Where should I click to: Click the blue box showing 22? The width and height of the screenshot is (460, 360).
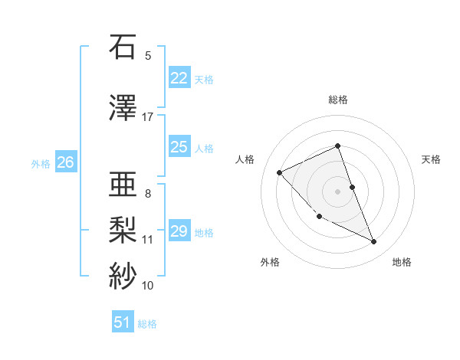pos(179,78)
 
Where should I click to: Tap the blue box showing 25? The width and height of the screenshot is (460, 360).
pos(179,147)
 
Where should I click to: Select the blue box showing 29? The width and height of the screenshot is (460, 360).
pos(179,231)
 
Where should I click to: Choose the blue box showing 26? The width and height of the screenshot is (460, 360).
pos(66,162)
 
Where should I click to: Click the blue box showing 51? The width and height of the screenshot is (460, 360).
pos(123,323)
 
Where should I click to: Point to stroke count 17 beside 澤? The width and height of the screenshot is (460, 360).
pos(148,117)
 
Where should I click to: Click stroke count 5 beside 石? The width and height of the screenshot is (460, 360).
pos(148,56)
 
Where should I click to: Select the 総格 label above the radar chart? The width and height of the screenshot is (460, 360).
pos(338,100)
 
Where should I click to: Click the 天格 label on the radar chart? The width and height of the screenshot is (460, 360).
pos(431,159)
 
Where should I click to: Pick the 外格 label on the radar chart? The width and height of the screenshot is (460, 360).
pos(270,262)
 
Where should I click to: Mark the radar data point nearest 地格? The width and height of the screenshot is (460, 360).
pos(374,242)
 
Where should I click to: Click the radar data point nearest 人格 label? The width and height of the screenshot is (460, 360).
pos(280,172)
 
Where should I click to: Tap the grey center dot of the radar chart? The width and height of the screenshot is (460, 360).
pos(338,191)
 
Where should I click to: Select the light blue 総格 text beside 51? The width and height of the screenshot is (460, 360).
pos(147,324)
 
